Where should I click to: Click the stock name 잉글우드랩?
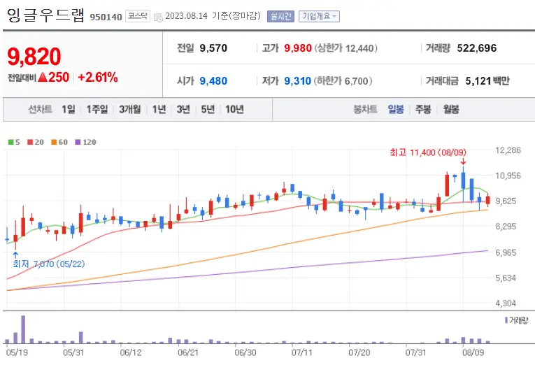[x=45, y=15]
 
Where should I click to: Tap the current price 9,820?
[x=34, y=57]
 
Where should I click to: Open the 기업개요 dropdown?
[x=319, y=16]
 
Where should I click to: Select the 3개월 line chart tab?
[x=129, y=109]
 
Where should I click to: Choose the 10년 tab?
[x=234, y=109]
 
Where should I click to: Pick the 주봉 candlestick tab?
[x=423, y=109]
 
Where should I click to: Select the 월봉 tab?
[x=451, y=109]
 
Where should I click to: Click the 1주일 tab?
[x=97, y=109]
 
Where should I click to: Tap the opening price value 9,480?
[x=213, y=80]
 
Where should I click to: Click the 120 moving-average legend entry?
[x=85, y=142]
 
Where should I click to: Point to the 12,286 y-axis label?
[x=508, y=150]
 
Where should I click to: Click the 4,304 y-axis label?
[x=508, y=303]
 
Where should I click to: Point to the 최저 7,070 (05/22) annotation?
[x=49, y=264]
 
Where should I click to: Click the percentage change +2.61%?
[x=97, y=78]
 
